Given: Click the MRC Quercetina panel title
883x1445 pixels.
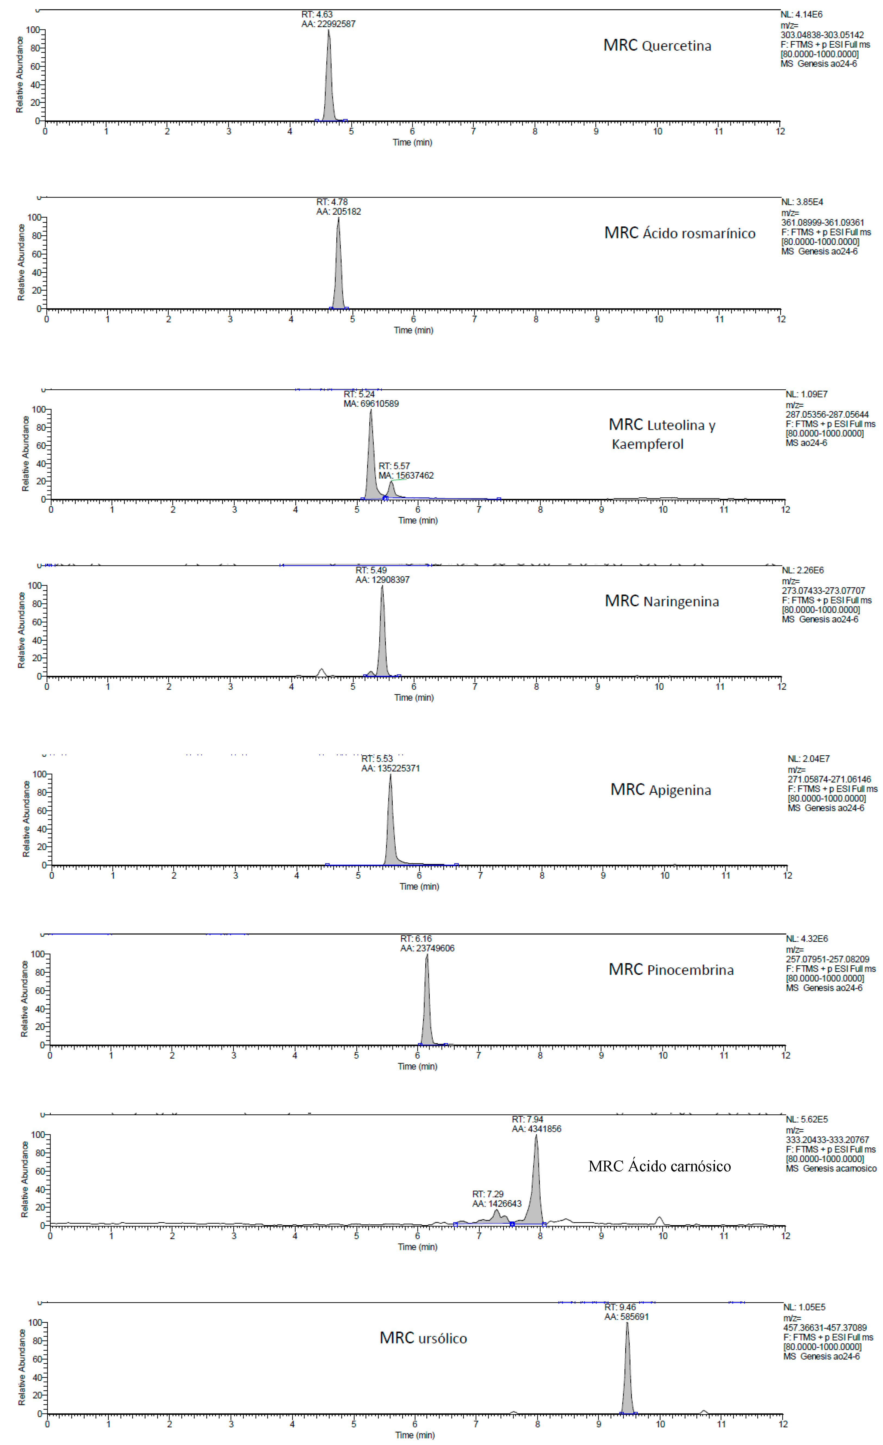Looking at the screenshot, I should coord(657,46).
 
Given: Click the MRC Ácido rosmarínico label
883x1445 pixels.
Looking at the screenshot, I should coord(680,233).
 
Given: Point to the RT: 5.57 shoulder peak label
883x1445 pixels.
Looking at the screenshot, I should coord(394,466).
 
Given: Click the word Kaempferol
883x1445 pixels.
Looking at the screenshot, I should coord(647,444).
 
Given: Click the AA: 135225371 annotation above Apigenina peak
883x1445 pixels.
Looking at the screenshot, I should coord(391,768).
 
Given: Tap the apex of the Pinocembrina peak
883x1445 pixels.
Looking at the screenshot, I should coord(427,955).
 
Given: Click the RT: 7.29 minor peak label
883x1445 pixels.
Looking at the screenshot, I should coord(488,1194).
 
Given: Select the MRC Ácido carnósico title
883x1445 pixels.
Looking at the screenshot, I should coord(660,1166).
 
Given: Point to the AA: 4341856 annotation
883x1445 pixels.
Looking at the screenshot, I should coord(537,1129).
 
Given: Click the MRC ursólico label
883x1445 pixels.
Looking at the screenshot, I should coord(423,1338).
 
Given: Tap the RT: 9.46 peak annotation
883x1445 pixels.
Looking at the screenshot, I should coord(620,1307).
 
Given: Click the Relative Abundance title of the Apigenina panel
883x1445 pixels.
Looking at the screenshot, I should coord(26,819).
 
